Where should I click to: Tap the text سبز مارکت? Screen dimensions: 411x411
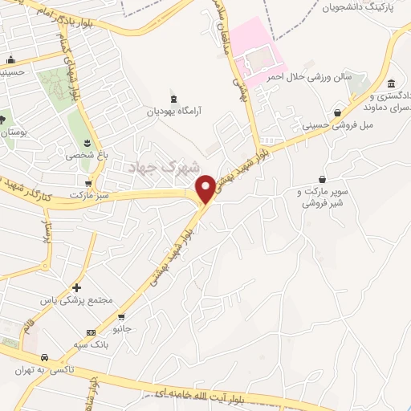[x=88, y=195]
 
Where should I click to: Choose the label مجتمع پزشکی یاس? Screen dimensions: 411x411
[x=77, y=300]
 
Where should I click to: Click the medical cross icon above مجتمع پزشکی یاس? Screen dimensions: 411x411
[x=76, y=287]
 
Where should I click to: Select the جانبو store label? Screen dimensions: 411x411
[x=121, y=328]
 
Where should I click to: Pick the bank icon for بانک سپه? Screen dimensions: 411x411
[x=91, y=332]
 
